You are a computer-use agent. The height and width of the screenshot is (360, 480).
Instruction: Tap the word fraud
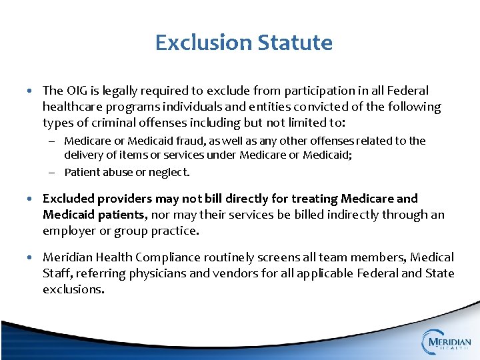point(184,141)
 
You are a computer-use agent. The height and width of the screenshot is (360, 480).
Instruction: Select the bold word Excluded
point(69,199)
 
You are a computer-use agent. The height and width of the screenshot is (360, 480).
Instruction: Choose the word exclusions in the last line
point(73,289)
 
